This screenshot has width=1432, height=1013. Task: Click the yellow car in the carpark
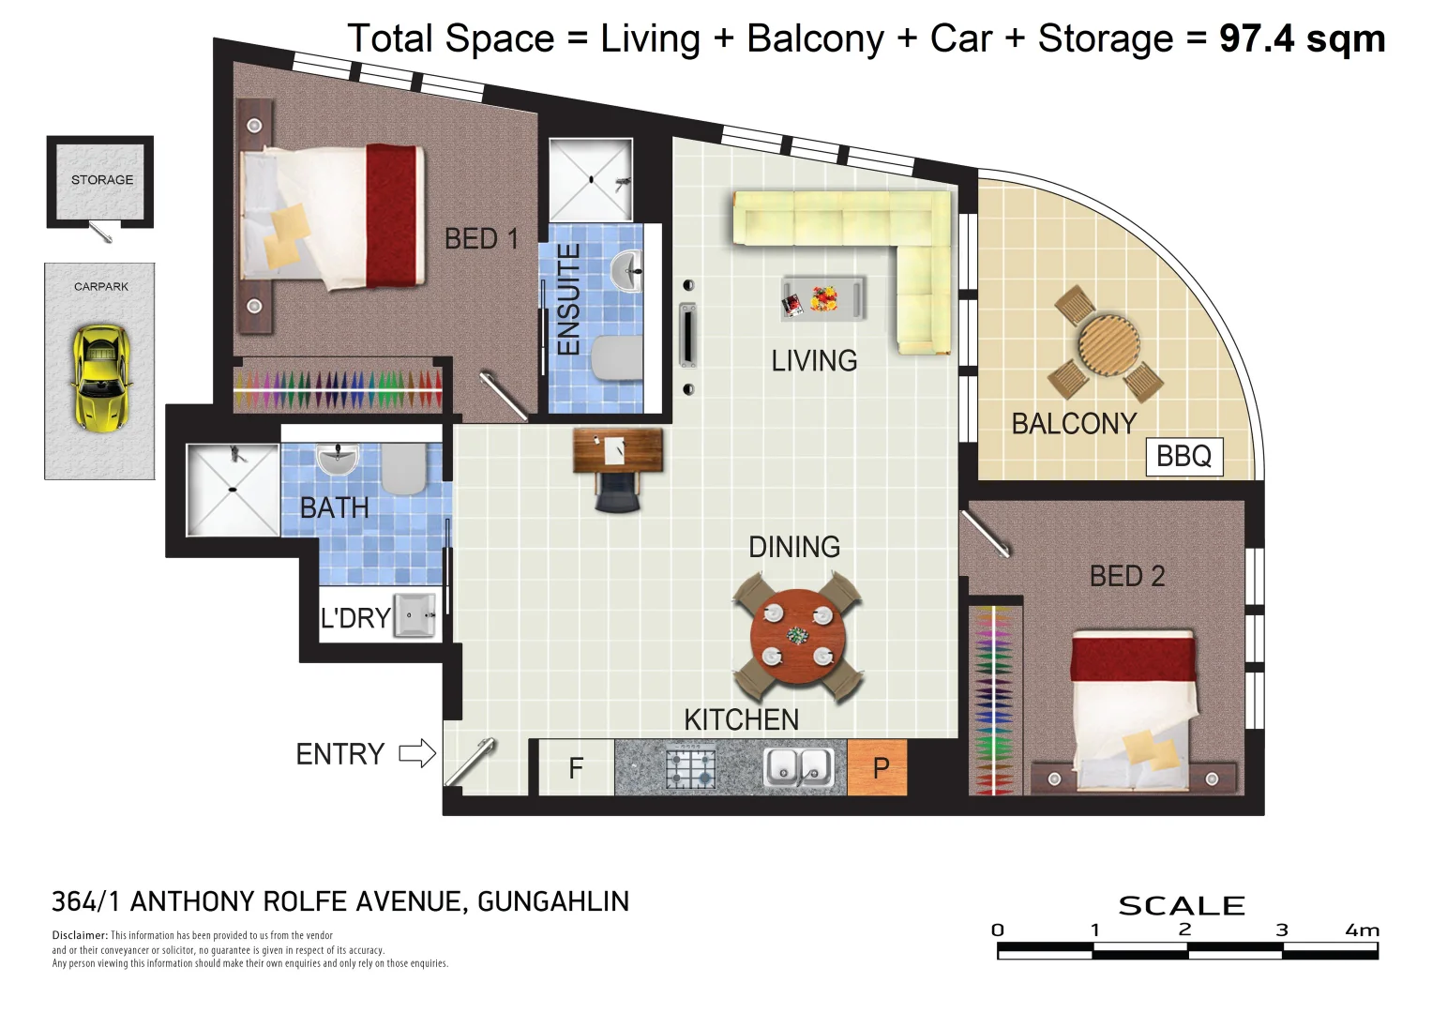tap(101, 378)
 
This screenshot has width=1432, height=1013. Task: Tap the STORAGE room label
tap(102, 180)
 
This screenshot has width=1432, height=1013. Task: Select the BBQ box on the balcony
tap(1184, 457)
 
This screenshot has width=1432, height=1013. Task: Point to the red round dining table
tap(798, 637)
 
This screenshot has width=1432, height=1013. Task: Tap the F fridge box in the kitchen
tap(576, 767)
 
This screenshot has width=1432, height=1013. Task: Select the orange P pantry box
tap(877, 767)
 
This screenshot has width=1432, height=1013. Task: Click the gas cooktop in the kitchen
tap(690, 767)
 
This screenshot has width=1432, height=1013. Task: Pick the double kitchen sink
tap(798, 767)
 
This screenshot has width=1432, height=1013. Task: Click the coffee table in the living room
tap(823, 298)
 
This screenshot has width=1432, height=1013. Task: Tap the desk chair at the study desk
tap(617, 492)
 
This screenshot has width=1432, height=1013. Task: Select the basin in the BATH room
tap(338, 460)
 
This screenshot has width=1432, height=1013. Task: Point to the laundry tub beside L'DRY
tap(415, 615)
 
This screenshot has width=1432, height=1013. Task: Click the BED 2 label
tap(1127, 576)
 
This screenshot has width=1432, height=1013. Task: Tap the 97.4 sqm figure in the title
tap(1302, 38)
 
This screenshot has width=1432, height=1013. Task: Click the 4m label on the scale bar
tap(1362, 930)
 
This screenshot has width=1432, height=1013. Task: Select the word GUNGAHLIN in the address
tap(553, 901)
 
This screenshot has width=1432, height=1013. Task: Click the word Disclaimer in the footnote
tap(80, 935)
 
